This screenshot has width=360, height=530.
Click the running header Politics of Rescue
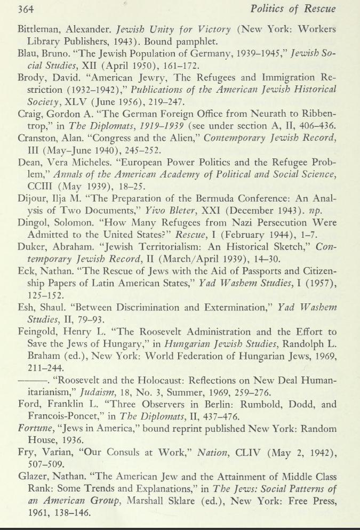[294, 9]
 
